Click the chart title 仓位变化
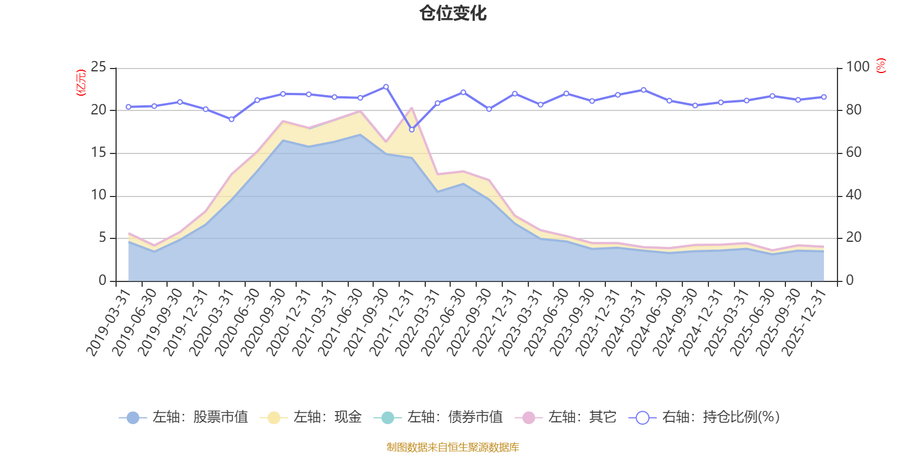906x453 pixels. point(453,13)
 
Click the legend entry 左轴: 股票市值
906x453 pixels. point(183,417)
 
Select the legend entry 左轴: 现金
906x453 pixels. point(311,417)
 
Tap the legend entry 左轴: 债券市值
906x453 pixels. point(438,417)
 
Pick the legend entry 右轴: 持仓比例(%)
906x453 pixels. point(704,417)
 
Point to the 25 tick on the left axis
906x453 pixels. point(99,67)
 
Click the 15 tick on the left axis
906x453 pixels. point(99,153)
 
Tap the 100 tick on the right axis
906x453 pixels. point(857,67)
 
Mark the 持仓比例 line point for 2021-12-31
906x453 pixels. point(412,130)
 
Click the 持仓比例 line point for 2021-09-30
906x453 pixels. point(386,87)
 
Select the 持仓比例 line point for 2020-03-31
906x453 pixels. point(231,119)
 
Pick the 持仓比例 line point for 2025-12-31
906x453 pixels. point(824,97)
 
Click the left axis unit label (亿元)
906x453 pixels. point(80,83)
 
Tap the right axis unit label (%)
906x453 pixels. point(881,66)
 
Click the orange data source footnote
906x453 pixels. point(452,447)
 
